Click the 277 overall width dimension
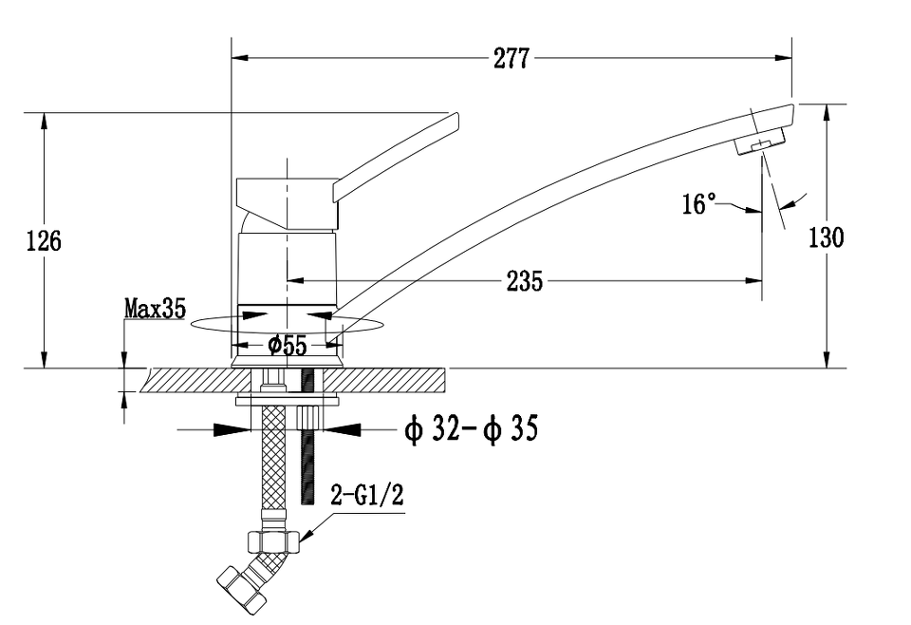click(x=512, y=58)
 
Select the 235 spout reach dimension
click(x=524, y=280)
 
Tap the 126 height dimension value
click(x=43, y=240)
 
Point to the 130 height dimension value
click(x=826, y=237)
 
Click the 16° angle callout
click(x=699, y=204)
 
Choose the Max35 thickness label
click(x=155, y=308)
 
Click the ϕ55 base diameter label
click(x=288, y=346)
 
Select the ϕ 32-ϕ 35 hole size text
click(x=471, y=430)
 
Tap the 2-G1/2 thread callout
click(x=360, y=495)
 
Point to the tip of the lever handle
click(x=454, y=121)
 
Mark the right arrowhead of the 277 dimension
click(x=785, y=58)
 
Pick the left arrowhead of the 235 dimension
click(x=294, y=280)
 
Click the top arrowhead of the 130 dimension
click(x=827, y=111)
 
